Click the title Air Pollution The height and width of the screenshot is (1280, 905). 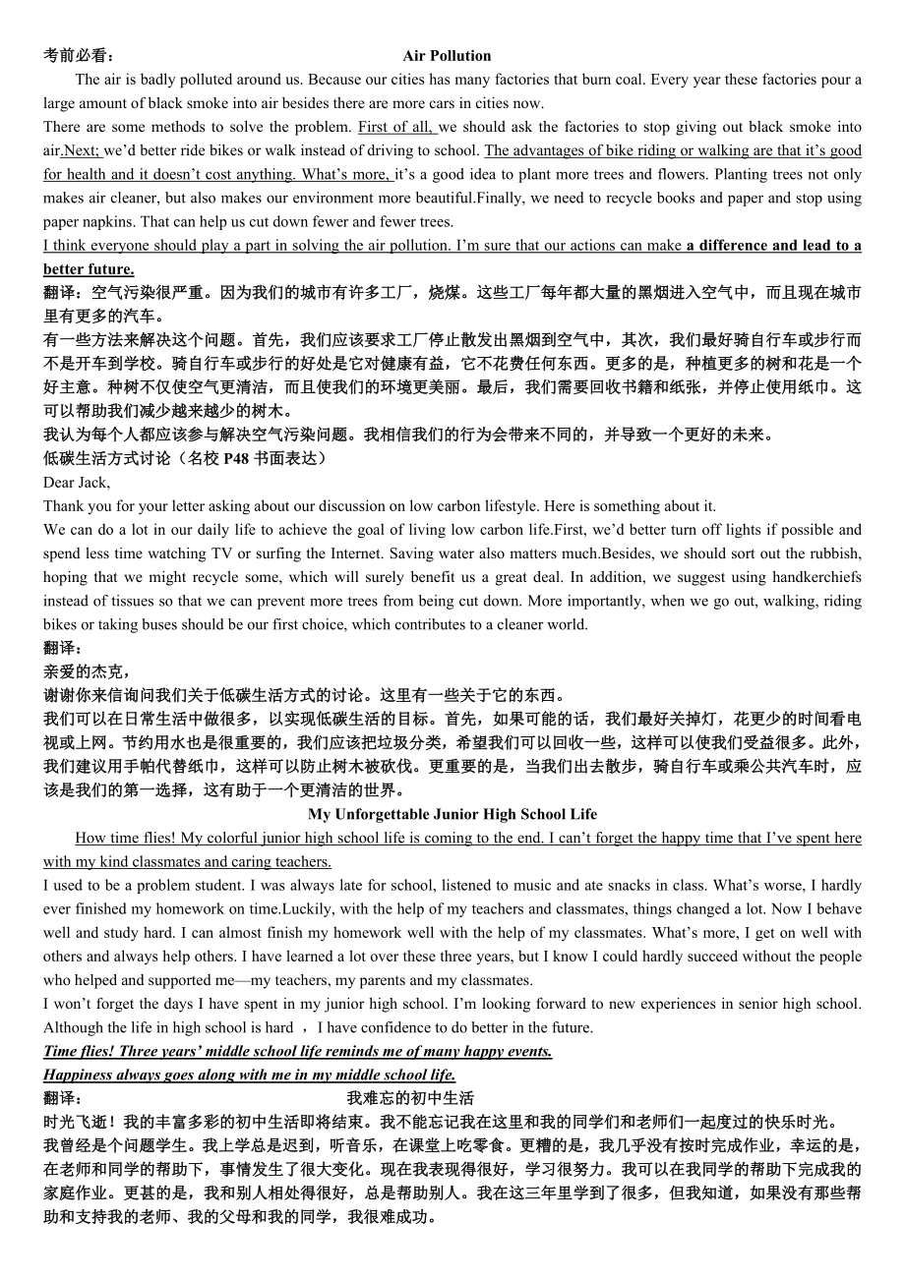pyautogui.click(x=447, y=56)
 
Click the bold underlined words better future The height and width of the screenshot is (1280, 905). pyautogui.click(x=89, y=268)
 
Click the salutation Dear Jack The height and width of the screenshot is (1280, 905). pyautogui.click(x=77, y=482)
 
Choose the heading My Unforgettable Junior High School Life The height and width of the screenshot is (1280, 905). pyautogui.click(x=452, y=814)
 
